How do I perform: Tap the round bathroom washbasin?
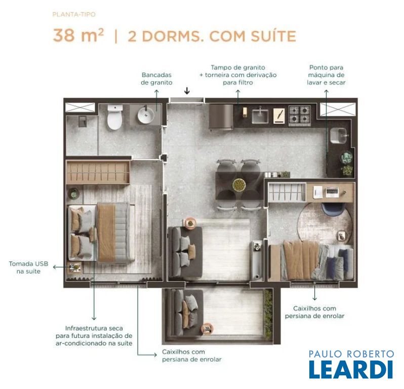coord(146,115)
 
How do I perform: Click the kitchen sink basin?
coord(260,116)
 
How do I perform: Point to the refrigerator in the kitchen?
coord(221,116)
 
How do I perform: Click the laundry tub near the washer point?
coord(339,136)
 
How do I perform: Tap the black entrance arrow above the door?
coord(187,91)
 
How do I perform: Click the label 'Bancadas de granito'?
coord(156,79)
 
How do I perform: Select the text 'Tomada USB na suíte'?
coord(28,267)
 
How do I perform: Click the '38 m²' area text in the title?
coord(78,35)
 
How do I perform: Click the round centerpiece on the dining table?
coord(239,185)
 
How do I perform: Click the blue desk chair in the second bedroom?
coord(334,208)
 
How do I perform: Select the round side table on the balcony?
coord(207,329)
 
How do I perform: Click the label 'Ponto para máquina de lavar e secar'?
coord(326,75)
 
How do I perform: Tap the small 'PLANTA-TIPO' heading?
coord(74,15)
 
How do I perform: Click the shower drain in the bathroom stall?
coord(82,122)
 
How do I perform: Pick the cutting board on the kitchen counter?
coord(279,116)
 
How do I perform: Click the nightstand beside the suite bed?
coord(74,268)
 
